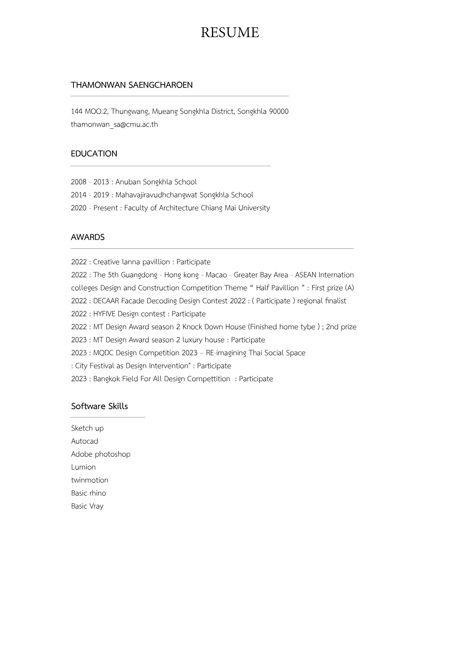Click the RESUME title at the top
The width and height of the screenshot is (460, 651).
click(x=230, y=33)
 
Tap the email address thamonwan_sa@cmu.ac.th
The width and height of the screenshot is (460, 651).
click(x=114, y=125)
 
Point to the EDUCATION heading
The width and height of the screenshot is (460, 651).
click(x=94, y=154)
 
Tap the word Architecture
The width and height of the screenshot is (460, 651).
click(x=179, y=208)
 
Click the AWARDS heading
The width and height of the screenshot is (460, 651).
click(x=88, y=237)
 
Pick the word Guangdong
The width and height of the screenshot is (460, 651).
click(x=139, y=275)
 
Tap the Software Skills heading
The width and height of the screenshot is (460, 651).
click(x=99, y=406)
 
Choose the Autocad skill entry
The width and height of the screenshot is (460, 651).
click(x=84, y=441)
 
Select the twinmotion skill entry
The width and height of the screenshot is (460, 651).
click(x=90, y=480)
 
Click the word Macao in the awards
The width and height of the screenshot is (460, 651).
click(x=216, y=275)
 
